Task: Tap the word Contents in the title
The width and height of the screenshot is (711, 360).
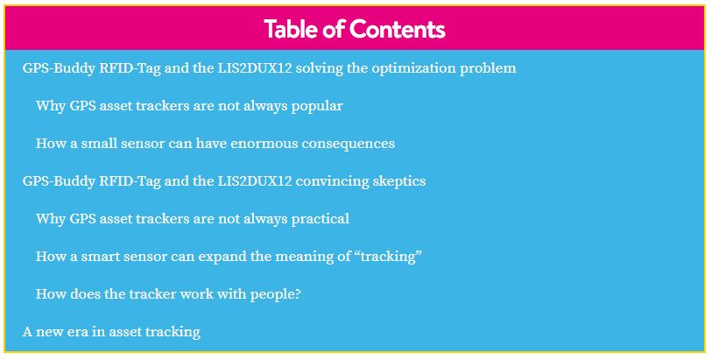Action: (398, 29)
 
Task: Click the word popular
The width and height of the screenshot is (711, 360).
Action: (317, 107)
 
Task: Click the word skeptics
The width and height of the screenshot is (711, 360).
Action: (399, 182)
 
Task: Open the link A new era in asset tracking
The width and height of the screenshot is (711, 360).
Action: (111, 332)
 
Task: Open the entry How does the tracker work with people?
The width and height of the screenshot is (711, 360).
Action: (168, 294)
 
